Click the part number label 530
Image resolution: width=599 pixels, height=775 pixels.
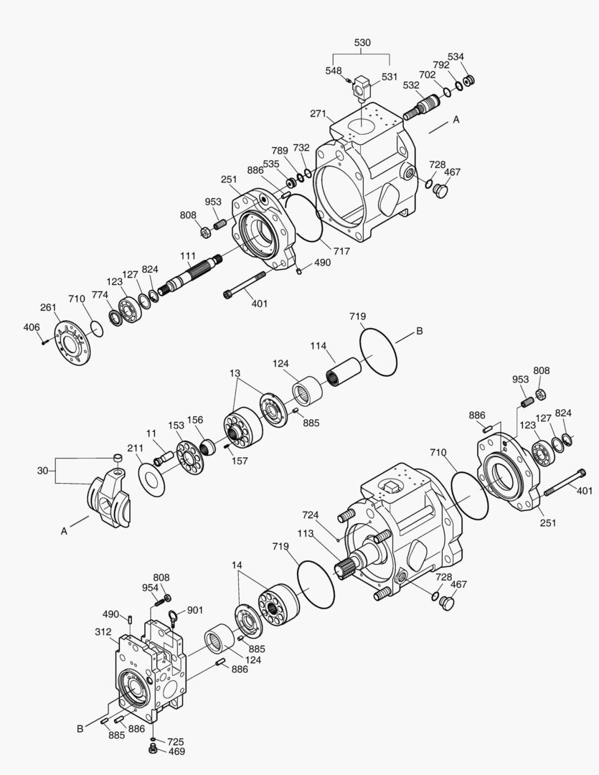(x=363, y=43)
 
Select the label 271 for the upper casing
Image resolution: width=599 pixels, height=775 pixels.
(x=319, y=113)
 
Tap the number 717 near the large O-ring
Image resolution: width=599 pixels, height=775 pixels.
(x=341, y=251)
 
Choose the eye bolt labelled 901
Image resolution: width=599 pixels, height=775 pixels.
(x=173, y=615)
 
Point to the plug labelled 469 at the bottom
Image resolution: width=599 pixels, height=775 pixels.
(x=152, y=750)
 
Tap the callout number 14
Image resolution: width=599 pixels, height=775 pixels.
(x=236, y=565)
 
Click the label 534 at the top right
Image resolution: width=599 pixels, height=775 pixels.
(x=456, y=57)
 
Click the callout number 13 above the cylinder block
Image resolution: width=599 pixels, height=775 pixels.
(x=235, y=373)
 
